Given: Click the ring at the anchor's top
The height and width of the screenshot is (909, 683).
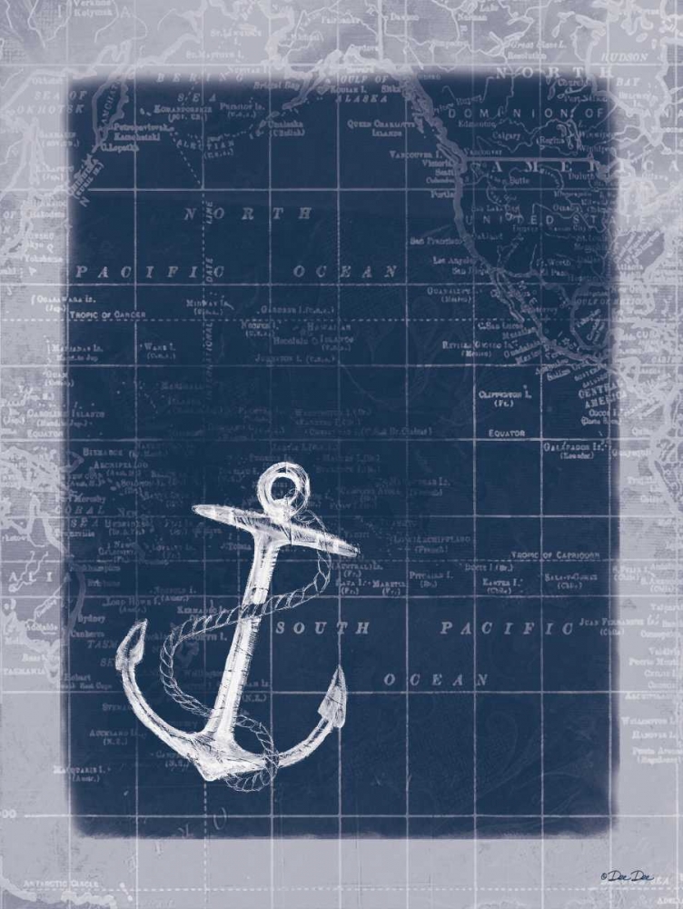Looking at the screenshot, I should [286, 482].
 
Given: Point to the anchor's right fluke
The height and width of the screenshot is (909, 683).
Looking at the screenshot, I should [335, 698].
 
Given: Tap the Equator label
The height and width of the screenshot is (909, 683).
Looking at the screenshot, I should [507, 434].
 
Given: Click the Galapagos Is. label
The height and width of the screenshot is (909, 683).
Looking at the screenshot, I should [574, 448].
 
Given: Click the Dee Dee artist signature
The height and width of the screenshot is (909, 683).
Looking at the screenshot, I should [628, 876].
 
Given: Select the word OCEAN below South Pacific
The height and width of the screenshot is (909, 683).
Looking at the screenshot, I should [437, 680].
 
